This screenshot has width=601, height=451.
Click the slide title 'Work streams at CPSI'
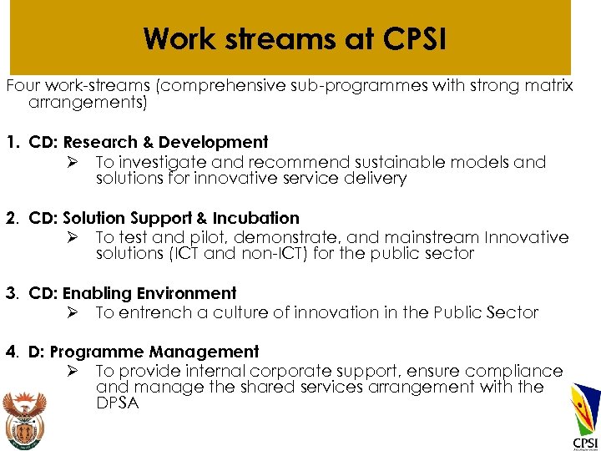click(x=294, y=39)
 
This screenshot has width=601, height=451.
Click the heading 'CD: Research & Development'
click(x=149, y=143)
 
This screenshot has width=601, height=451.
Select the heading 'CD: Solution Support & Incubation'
click(x=164, y=219)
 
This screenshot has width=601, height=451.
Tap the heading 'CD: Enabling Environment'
click(x=133, y=294)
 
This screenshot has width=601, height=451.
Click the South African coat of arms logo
click(x=24, y=417)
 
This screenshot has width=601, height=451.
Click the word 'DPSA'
click(x=118, y=403)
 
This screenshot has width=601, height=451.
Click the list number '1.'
click(x=13, y=143)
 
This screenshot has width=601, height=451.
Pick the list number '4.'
click(x=13, y=352)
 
